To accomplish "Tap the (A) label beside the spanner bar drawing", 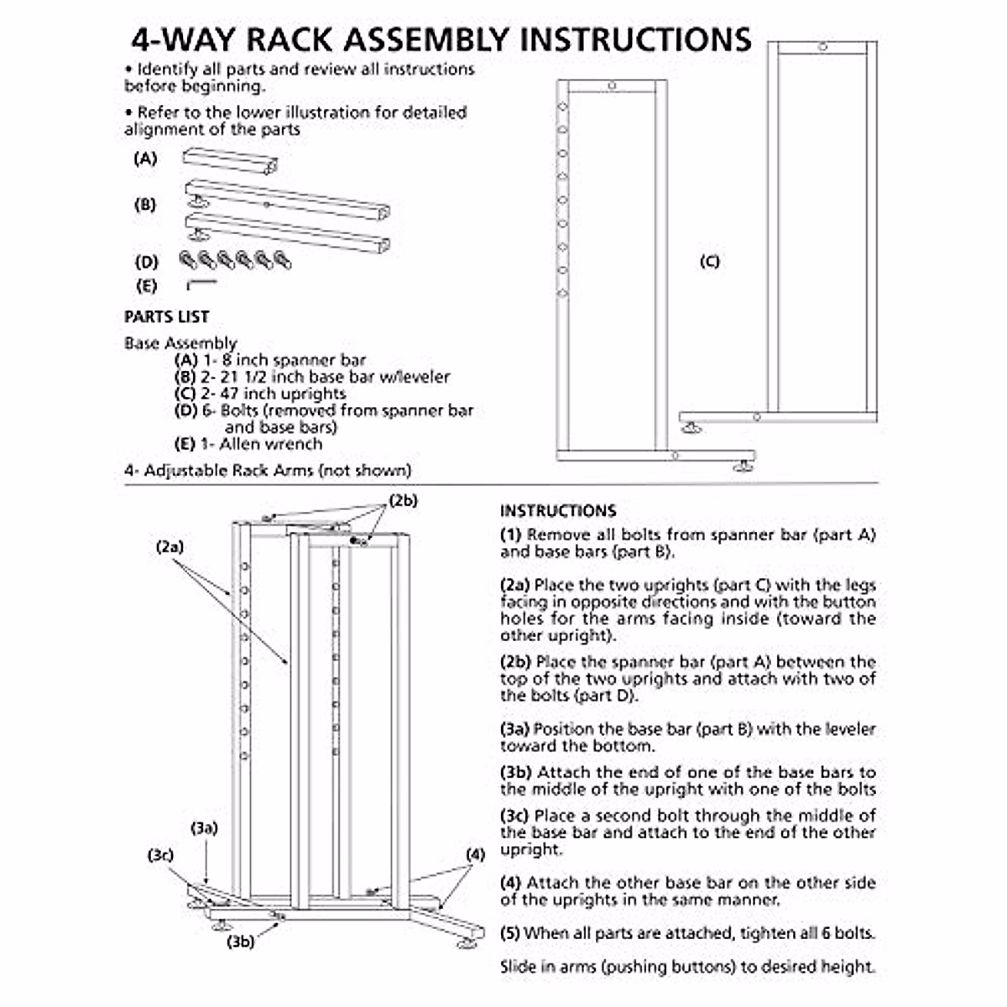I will [x=145, y=158].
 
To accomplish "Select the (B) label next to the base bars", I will [x=145, y=204].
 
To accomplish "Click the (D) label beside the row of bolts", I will [x=146, y=261].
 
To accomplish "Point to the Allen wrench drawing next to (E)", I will [x=201, y=284].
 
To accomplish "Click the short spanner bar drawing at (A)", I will [x=230, y=161].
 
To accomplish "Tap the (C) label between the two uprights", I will [x=709, y=261].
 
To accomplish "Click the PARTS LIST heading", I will [x=166, y=316].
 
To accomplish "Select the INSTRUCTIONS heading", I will [x=558, y=510].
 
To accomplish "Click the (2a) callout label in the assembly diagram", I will [x=170, y=546].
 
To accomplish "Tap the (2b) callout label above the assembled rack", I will [x=403, y=501].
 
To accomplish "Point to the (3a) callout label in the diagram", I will [x=204, y=828].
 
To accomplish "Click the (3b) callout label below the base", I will [x=241, y=942].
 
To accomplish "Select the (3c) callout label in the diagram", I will [x=160, y=855].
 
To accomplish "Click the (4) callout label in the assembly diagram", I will [x=475, y=855].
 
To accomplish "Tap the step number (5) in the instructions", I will [x=510, y=932].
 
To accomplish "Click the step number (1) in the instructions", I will [x=510, y=535].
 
